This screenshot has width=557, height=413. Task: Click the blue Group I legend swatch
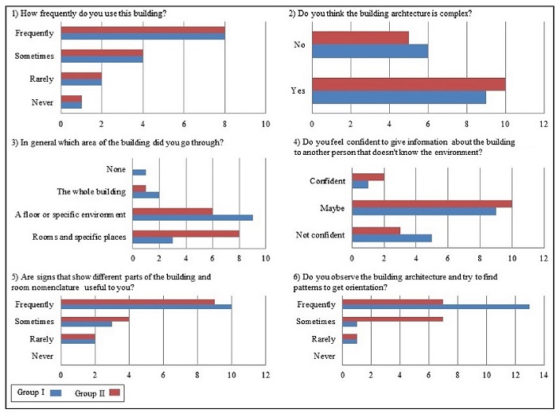pos(55,393)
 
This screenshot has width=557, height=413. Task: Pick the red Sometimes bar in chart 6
pos(392,318)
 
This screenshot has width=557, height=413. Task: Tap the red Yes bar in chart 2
pos(409,83)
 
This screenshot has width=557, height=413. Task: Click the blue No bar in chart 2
pos(370,50)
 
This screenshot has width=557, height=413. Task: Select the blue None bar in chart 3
pos(139,172)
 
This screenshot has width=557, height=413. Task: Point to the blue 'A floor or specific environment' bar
pos(193,217)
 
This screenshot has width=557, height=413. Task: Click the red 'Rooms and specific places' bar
pos(186,234)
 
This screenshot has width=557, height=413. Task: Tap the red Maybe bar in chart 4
pos(432,203)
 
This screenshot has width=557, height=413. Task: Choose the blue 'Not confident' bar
pos(391,237)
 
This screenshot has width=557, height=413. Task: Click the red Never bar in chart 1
pos(72,98)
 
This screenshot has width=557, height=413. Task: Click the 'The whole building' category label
pos(91,191)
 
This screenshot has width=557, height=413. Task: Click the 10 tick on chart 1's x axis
pos(266,124)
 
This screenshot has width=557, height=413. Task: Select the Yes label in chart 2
pos(299,91)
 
